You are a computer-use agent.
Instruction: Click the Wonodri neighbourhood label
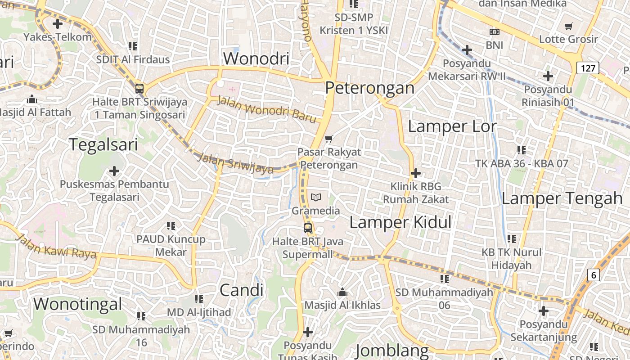tap(256, 58)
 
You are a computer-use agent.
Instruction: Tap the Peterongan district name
tap(369, 88)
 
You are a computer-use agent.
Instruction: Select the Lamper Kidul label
tap(400, 222)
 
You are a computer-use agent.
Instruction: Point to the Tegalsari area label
tap(103, 144)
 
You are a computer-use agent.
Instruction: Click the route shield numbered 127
tap(588, 68)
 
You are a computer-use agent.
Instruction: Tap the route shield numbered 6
tap(594, 275)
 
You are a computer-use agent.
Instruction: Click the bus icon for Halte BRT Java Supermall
tap(308, 228)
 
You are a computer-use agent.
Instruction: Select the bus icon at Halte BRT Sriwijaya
tap(139, 88)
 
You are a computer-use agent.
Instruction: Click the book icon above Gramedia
tap(316, 197)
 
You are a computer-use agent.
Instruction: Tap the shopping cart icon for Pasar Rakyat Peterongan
tap(329, 139)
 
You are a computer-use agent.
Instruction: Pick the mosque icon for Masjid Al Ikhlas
tap(342, 292)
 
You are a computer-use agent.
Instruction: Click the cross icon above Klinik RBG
tap(416, 173)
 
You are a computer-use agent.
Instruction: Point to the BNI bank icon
tap(494, 32)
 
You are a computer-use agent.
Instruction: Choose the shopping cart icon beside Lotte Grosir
tap(569, 26)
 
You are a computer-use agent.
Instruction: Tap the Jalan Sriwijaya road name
tap(235, 163)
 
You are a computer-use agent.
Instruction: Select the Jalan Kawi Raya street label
tap(56, 246)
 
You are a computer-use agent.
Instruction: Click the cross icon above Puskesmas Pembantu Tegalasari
tap(114, 171)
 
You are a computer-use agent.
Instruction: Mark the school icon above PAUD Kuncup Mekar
tap(171, 226)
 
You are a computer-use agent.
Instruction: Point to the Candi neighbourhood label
tap(241, 290)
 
